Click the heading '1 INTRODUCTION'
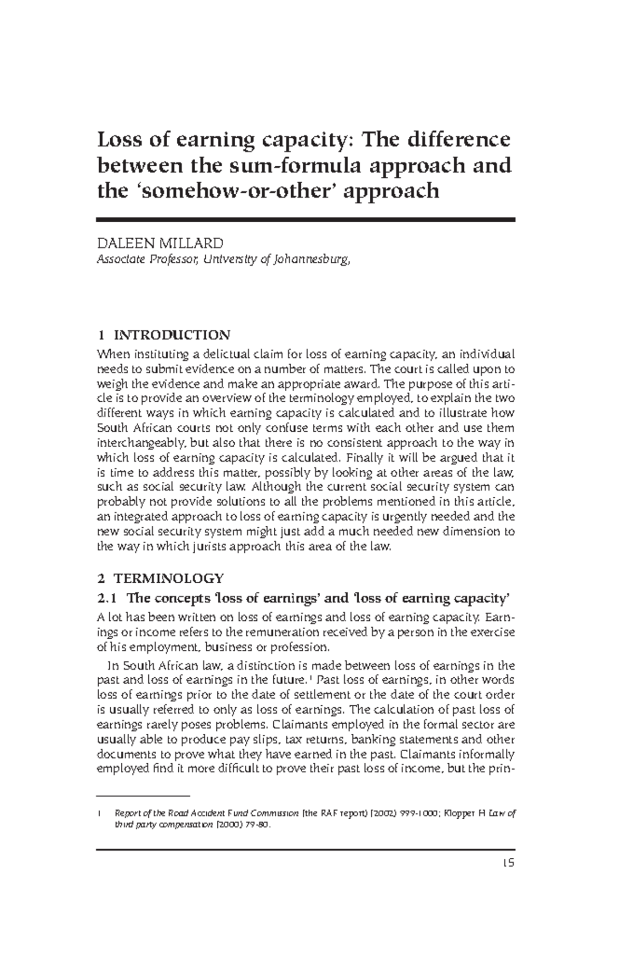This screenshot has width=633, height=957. pyautogui.click(x=164, y=335)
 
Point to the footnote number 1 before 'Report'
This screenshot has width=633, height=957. pyautogui.click(x=99, y=814)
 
